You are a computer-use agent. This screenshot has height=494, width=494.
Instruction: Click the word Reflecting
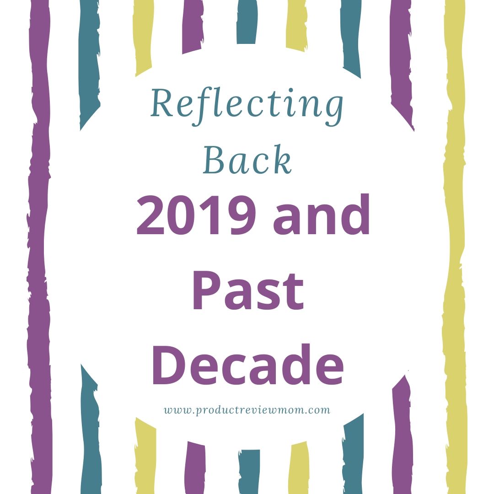pos(247,104)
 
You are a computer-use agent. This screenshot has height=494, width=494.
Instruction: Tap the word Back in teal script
pos(247,160)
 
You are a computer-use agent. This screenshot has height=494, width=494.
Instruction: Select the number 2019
pos(197,215)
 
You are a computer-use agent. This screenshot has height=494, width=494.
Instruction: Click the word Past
pos(247,290)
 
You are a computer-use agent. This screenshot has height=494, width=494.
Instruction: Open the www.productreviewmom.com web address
pos(247,410)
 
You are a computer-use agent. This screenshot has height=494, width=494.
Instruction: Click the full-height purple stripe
pos(39,247)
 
